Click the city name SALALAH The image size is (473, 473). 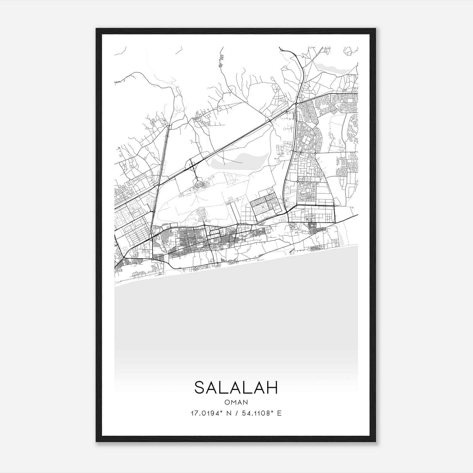236,388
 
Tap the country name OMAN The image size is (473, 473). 236,402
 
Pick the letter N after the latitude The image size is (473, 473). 228,413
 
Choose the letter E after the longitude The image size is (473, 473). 279,413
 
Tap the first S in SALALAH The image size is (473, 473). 200,388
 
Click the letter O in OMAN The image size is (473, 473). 227,402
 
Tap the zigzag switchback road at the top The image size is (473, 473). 221,59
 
